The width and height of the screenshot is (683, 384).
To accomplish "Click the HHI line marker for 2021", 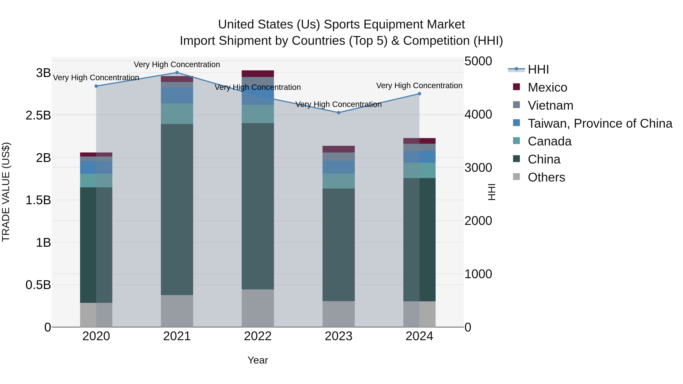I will pyautogui.click(x=177, y=73).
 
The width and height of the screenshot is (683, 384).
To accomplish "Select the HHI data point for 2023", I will pyautogui.click(x=339, y=113).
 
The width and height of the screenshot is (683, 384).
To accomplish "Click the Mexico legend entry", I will pyautogui.click(x=547, y=87).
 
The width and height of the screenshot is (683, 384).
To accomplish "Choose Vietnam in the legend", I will pyautogui.click(x=550, y=105).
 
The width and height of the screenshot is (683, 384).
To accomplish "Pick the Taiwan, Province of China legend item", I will pyautogui.click(x=600, y=123).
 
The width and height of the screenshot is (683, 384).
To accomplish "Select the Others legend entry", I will pyautogui.click(x=546, y=177).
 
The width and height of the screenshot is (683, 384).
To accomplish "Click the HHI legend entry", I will pyautogui.click(x=538, y=69).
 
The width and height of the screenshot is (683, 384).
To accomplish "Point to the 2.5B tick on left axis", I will pyautogui.click(x=38, y=115).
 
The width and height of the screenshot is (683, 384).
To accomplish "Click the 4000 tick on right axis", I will pyautogui.click(x=478, y=115).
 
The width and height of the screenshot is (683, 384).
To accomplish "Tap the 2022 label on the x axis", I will pyautogui.click(x=258, y=336).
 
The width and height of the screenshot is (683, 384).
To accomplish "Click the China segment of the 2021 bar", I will pyautogui.click(x=177, y=209).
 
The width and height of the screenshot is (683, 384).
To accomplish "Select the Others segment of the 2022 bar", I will pyautogui.click(x=258, y=308).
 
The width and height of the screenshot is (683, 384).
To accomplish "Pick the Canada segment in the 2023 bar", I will pyautogui.click(x=339, y=181).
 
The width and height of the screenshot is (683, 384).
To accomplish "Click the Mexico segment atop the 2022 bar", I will pyautogui.click(x=258, y=74).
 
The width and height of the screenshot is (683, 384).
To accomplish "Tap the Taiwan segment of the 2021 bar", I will pyautogui.click(x=177, y=95).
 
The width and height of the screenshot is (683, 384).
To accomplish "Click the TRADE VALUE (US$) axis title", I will pyautogui.click(x=6, y=192).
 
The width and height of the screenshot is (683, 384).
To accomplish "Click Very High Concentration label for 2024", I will pyautogui.click(x=419, y=86).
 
